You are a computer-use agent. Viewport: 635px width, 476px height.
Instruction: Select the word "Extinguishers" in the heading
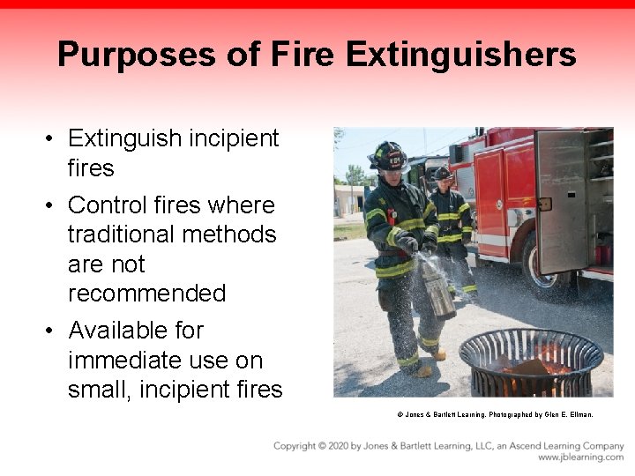(460, 55)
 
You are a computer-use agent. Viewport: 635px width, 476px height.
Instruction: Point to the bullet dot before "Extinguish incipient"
(53, 139)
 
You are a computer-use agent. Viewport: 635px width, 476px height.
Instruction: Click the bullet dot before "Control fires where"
(53, 206)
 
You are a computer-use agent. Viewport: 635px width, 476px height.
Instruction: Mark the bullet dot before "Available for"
(53, 331)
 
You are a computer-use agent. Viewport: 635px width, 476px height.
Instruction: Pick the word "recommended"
(146, 293)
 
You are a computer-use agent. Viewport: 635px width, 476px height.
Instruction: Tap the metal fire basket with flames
(530, 361)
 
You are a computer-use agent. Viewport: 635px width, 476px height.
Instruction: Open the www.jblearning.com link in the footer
(580, 458)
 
